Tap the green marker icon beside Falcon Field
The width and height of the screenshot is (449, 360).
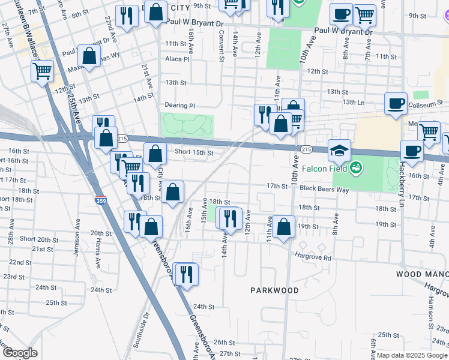pyautogui.click(x=357, y=166)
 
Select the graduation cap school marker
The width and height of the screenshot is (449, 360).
pyautogui.click(x=340, y=151)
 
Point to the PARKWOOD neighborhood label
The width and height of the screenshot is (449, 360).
pyautogui.click(x=274, y=290)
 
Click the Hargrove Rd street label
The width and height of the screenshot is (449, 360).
pyautogui.click(x=313, y=257)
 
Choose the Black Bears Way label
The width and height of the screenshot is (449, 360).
pyautogui.click(x=325, y=189)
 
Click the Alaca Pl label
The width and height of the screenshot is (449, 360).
pyautogui.click(x=178, y=59)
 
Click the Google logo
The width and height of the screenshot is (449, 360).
pyautogui.click(x=20, y=353)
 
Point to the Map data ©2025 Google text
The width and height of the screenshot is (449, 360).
pyautogui.click(x=412, y=355)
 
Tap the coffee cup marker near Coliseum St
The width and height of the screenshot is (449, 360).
pyautogui.click(x=396, y=103)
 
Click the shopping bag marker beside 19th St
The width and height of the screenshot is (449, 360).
pyautogui.click(x=285, y=226)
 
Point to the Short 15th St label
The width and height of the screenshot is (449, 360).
pyautogui.click(x=194, y=152)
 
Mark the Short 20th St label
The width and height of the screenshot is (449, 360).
pyautogui.click(x=37, y=239)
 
